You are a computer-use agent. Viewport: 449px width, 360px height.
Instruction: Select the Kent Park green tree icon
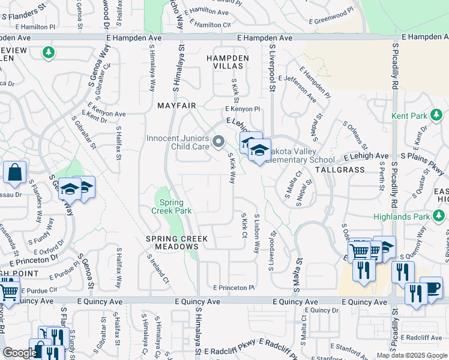click(x=438, y=114)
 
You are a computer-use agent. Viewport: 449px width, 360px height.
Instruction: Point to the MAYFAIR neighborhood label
click(x=176, y=106)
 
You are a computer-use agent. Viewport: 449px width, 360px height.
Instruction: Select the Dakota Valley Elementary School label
click(x=300, y=156)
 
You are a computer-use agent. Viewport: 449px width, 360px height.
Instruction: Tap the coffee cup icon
click(x=431, y=287)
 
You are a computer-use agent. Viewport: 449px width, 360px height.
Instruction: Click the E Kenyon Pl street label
click(x=243, y=109)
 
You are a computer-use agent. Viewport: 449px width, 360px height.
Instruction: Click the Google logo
click(x=19, y=353)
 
